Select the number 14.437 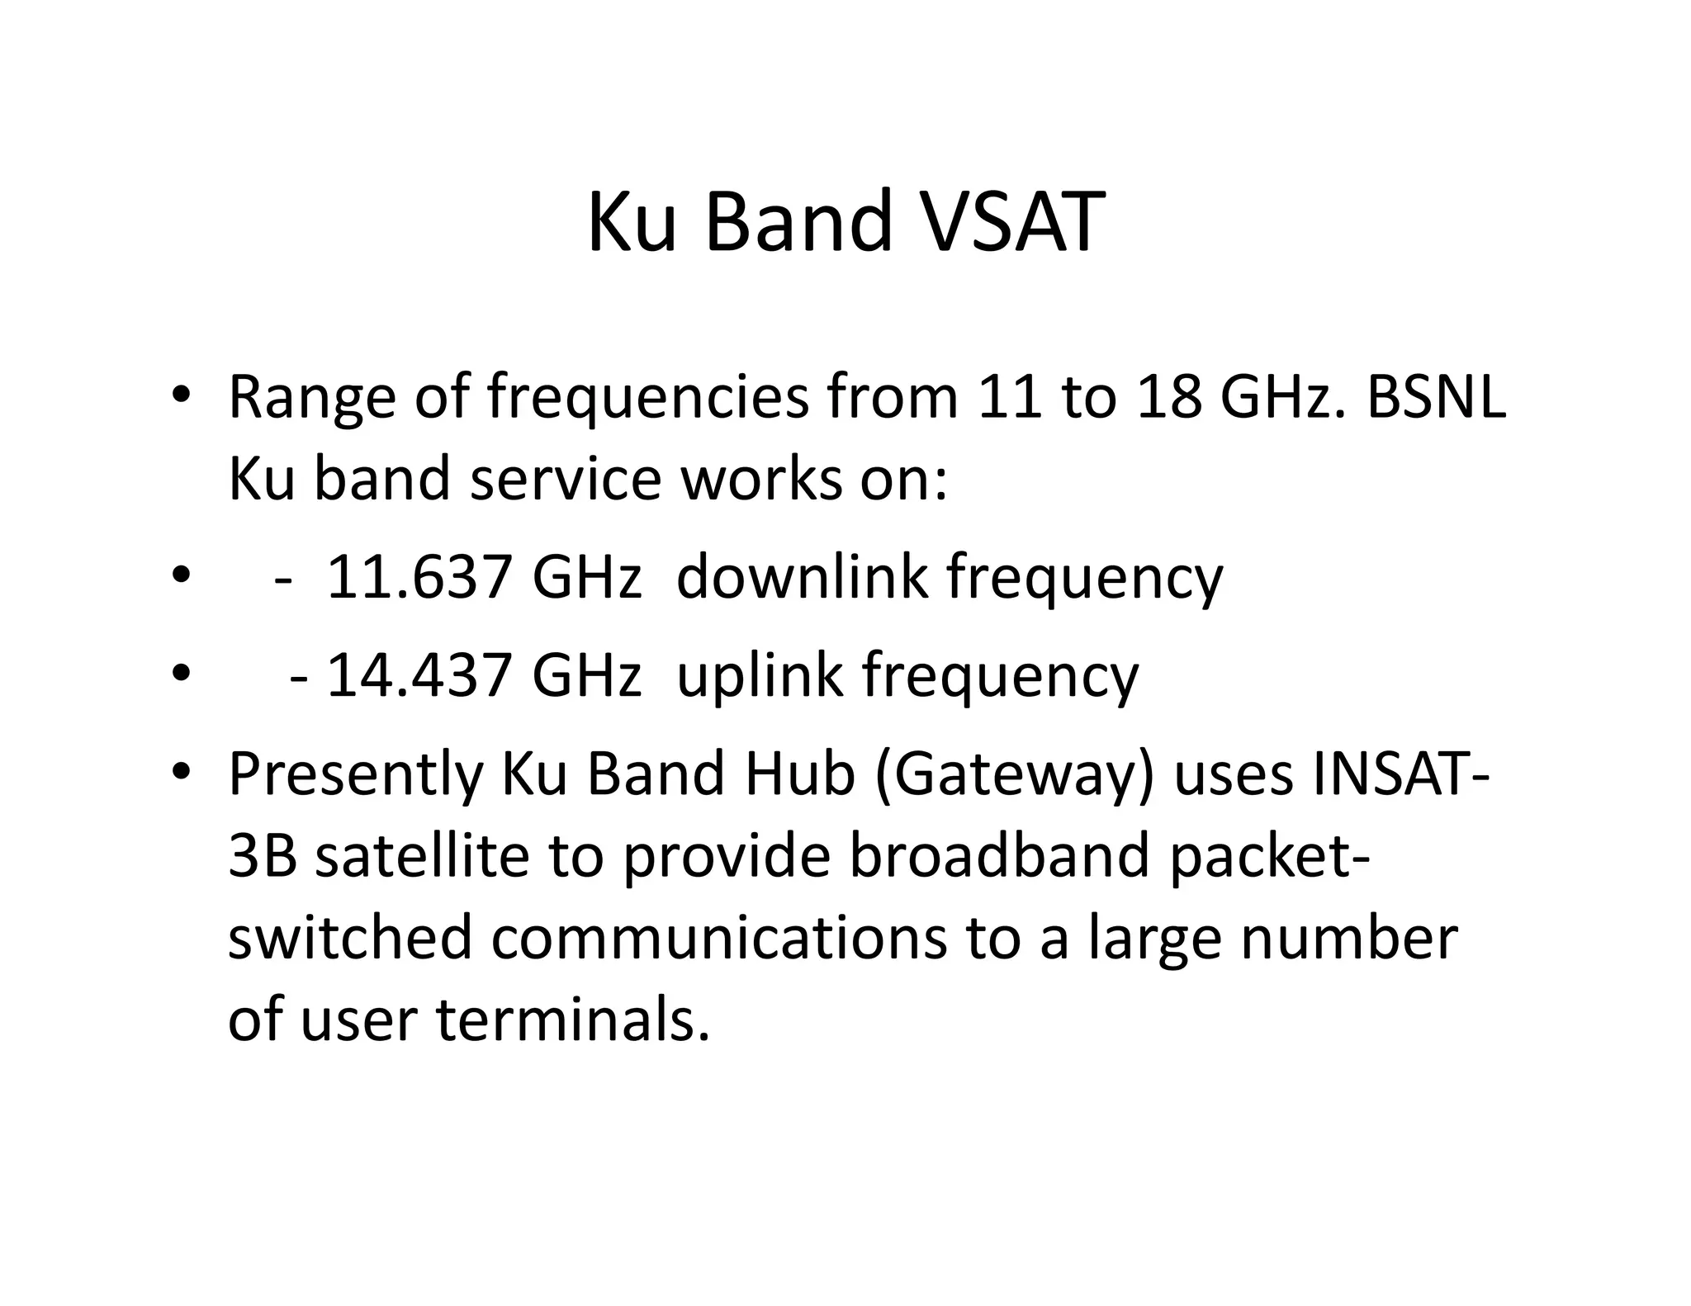coord(419,675)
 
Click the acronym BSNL coord(1437,397)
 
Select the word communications coord(718,938)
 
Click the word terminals coord(573,1020)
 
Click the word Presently coord(355,774)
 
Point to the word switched coord(350,938)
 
